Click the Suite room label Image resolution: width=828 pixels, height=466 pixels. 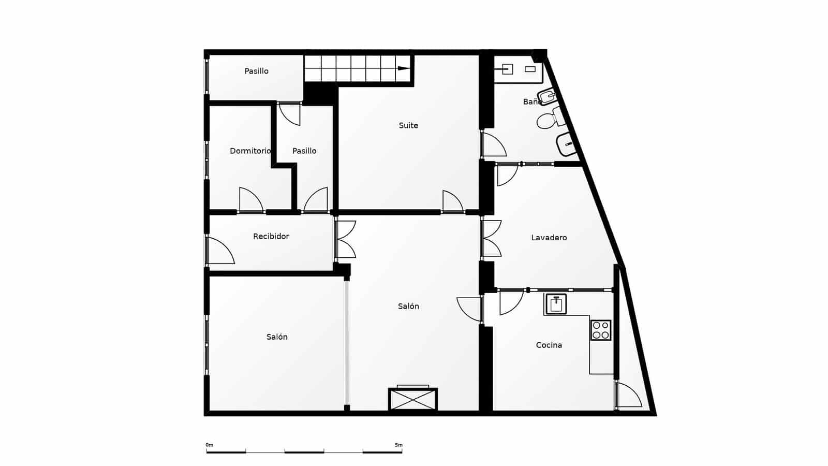coord(408,125)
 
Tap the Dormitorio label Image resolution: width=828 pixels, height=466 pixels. coord(250,151)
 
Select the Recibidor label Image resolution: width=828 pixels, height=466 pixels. coord(271,236)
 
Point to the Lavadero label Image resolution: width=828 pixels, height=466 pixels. coord(549,238)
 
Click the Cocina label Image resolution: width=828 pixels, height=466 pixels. coord(549,345)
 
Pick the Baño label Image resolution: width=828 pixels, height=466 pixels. coord(531,101)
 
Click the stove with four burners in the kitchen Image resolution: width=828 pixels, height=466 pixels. coord(600,330)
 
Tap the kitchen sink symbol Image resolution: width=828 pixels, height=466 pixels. coord(556,304)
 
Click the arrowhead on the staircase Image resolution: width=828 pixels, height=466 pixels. coord(403,68)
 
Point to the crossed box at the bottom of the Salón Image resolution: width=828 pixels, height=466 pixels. coord(412,399)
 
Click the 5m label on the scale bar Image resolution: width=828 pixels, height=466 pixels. coord(398,445)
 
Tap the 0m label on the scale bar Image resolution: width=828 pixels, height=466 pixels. coord(209,445)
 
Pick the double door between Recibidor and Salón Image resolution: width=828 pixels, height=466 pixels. coord(345,239)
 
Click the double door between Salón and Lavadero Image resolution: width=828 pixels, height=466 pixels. coord(491,239)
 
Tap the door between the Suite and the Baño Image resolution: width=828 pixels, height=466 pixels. coord(493,145)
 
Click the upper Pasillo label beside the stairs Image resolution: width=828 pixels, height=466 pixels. coord(256,71)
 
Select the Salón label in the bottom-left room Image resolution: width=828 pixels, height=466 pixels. coord(277,337)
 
